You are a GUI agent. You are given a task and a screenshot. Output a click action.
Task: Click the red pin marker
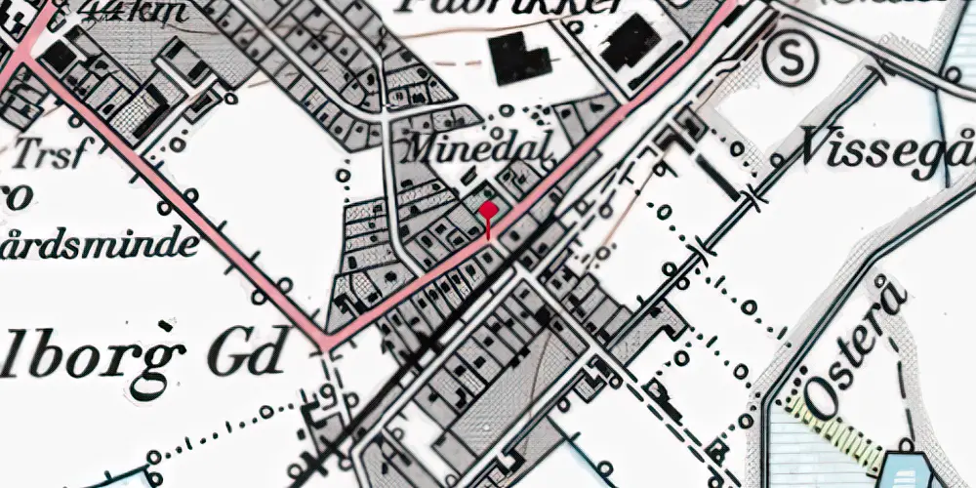click(x=489, y=211)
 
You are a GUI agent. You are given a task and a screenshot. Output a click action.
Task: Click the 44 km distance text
click(x=128, y=10)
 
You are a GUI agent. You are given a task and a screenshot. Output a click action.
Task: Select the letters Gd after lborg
click(x=250, y=348)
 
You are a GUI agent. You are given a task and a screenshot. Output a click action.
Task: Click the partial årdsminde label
click(x=98, y=240)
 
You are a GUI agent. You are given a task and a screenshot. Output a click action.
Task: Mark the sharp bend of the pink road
click(x=323, y=344)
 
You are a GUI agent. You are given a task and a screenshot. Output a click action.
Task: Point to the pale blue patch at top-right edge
click(x=956, y=39)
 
